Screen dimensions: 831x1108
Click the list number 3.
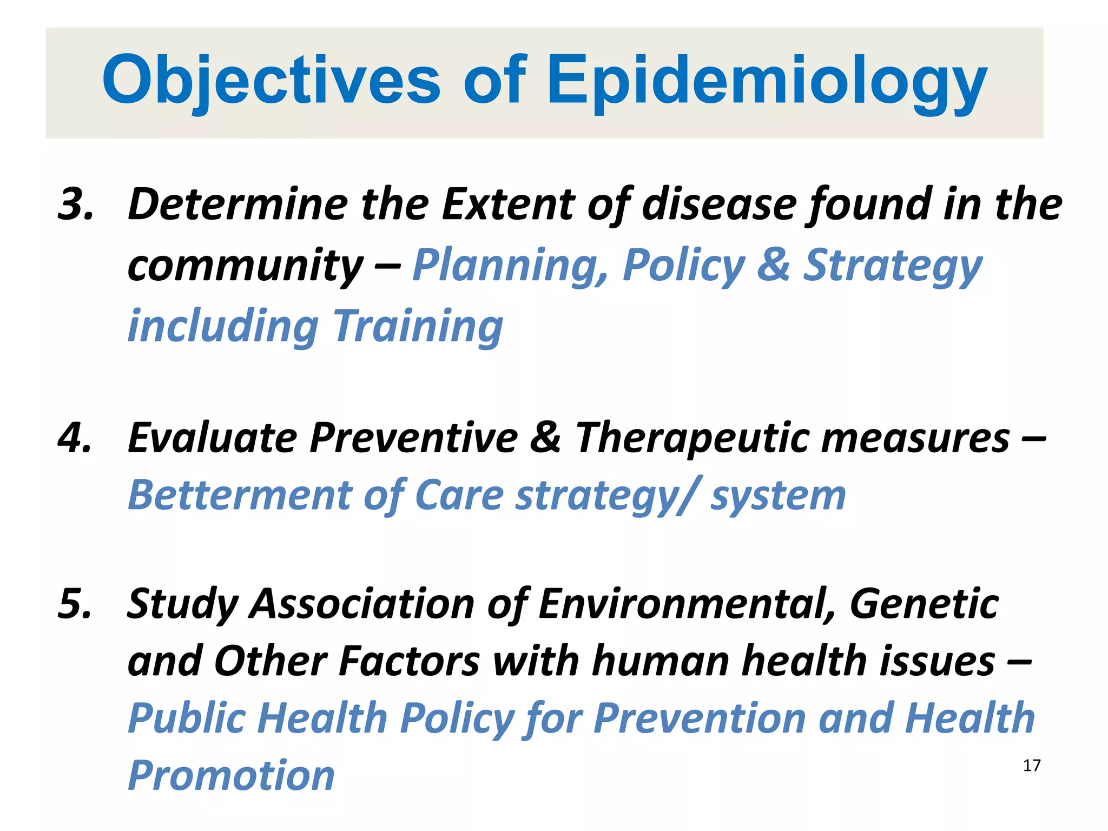click(76, 205)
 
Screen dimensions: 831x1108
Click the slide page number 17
click(1032, 766)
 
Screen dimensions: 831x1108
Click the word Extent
click(508, 205)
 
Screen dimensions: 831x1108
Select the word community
click(245, 266)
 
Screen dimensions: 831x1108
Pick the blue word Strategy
click(892, 266)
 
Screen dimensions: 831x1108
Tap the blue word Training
click(418, 327)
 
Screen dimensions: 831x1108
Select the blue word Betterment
click(240, 495)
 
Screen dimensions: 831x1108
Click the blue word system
click(778, 496)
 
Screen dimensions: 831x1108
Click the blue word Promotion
click(232, 776)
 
